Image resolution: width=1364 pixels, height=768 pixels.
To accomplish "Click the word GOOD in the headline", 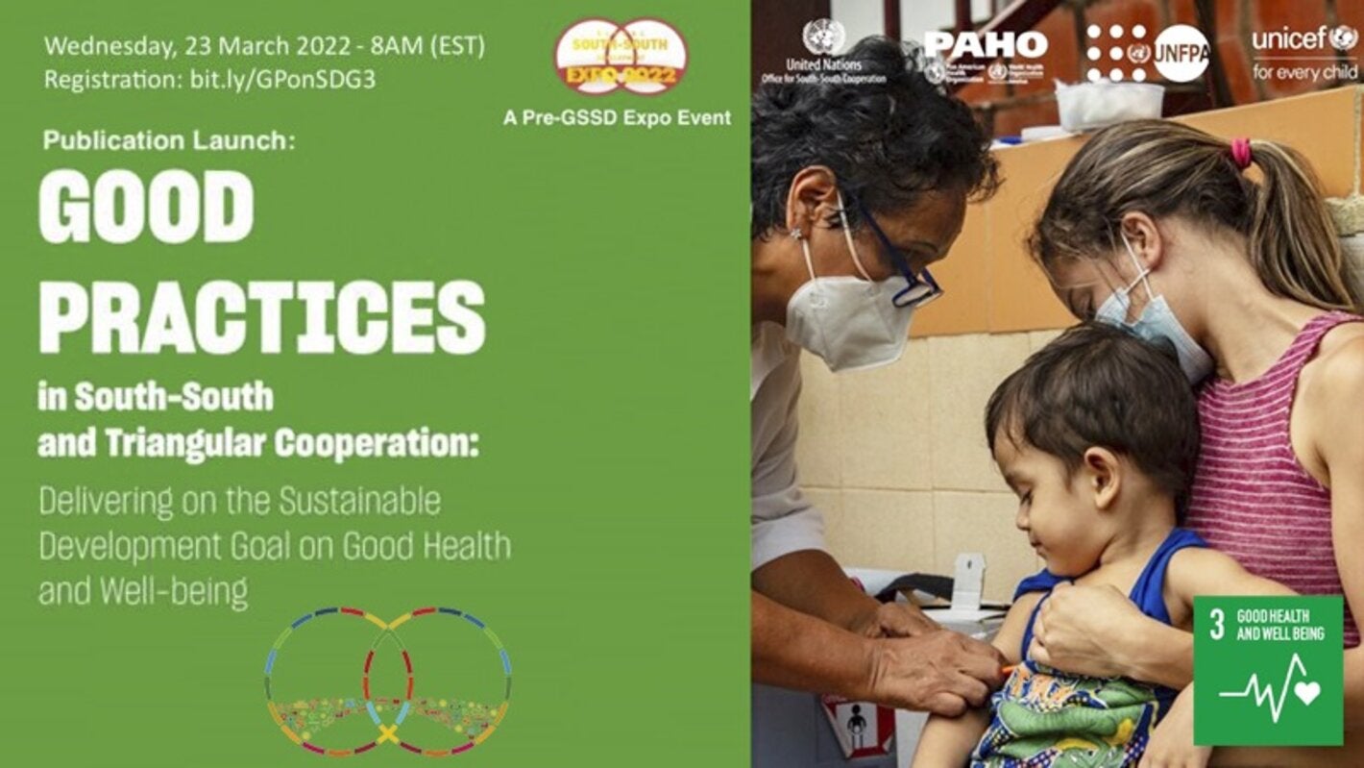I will tap(146, 206).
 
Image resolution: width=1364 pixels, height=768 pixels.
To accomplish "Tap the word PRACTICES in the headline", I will tap(261, 317).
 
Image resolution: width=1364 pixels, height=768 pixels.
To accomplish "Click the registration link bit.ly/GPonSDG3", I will tap(278, 80).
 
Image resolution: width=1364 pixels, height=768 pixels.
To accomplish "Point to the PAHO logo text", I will tap(986, 44).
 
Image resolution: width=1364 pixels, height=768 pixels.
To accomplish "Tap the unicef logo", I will tap(1303, 39).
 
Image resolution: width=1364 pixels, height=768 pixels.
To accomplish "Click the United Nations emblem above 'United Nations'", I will tap(823, 37).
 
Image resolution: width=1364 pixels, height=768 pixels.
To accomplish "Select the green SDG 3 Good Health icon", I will tap(1267, 670).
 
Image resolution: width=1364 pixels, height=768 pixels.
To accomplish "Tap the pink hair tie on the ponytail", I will tap(1241, 152).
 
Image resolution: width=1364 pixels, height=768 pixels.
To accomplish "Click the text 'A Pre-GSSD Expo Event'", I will tap(617, 118).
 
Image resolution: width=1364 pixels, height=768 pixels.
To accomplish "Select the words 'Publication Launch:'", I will tap(169, 141).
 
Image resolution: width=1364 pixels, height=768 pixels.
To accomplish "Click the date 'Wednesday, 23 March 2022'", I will tap(169, 45).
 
